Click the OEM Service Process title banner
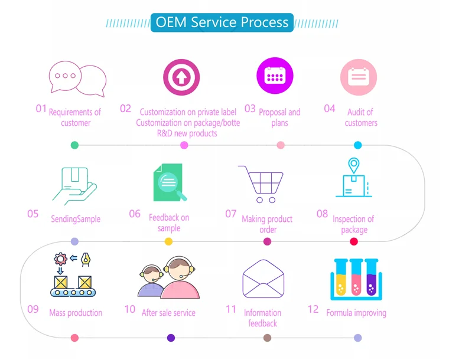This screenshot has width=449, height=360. [222, 23]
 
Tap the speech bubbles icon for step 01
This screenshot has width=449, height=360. [77, 78]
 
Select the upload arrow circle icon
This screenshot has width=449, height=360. [181, 77]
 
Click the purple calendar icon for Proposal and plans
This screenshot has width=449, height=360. [275, 76]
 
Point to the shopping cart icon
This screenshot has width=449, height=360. [260, 184]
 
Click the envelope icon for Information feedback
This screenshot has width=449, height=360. [263, 279]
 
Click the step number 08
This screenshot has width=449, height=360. [322, 214]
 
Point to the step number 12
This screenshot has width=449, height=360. [313, 309]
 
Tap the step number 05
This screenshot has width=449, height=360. [33, 214]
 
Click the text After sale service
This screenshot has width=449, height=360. [168, 313]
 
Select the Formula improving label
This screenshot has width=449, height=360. [356, 313]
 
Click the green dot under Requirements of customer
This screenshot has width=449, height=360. [74, 145]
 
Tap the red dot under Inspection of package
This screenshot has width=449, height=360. [354, 241]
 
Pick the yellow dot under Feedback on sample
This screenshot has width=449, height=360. [168, 241]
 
